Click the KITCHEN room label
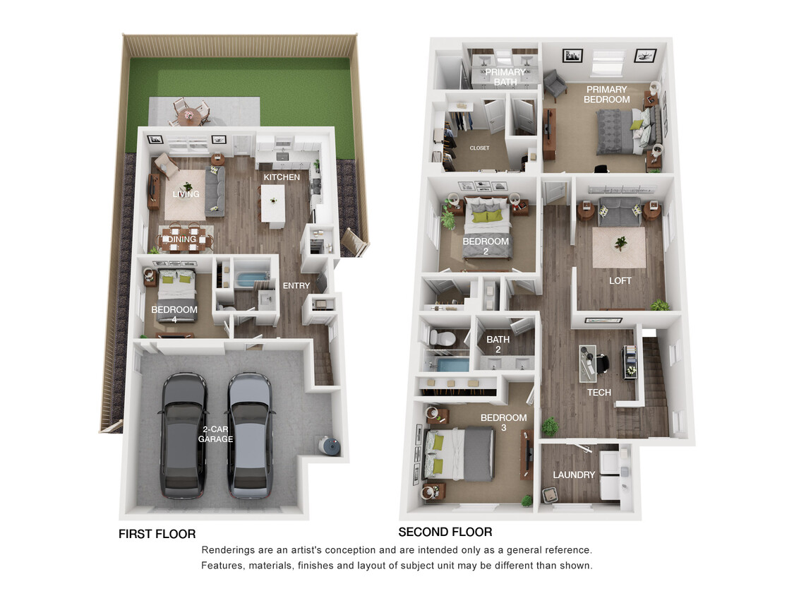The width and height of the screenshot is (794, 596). point(282,177)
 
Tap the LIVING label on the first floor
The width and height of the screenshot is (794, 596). point(186,194)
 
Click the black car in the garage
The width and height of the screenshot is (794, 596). point(184,435)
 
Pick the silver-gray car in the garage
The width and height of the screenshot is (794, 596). point(250,435)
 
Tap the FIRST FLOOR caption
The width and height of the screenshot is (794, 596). point(157,534)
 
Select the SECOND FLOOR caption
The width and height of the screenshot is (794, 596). point(445,532)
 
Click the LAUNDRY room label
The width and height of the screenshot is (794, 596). point(574,475)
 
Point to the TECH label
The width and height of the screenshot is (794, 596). point(598,393)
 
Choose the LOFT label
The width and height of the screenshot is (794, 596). point(620,280)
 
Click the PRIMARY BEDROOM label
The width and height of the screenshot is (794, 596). point(606,95)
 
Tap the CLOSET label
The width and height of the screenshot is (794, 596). point(479,148)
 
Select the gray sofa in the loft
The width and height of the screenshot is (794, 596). point(620,212)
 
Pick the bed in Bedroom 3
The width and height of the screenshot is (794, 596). point(459,455)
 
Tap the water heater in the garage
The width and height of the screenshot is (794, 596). point(330,446)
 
